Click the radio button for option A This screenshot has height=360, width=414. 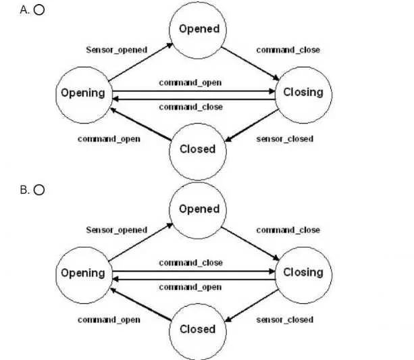click(39, 9)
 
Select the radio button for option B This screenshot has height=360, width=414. click(39, 190)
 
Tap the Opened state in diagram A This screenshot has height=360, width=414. click(198, 30)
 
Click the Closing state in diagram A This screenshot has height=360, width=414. click(304, 95)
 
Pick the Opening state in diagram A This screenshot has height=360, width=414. click(84, 95)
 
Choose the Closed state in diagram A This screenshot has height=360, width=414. click(198, 151)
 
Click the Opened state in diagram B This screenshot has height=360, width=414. click(198, 211)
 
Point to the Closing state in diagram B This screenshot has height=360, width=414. click(304, 275)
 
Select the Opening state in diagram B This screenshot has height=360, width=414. click(84, 275)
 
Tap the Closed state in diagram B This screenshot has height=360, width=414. click(198, 332)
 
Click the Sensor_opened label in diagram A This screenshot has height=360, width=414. click(117, 50)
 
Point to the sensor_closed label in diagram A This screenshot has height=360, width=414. click(285, 139)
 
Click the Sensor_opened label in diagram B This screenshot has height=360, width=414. click(117, 230)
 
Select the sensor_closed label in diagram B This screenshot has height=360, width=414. click(285, 319)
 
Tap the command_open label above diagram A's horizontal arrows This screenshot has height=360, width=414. click(190, 82)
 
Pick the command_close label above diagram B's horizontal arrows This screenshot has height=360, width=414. click(191, 263)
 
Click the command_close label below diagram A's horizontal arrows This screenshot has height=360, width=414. click(191, 107)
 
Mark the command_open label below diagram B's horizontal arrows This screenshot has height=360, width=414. click(190, 287)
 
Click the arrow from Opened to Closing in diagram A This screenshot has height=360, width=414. click(250, 63)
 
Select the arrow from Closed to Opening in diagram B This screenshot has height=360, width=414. click(140, 305)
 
